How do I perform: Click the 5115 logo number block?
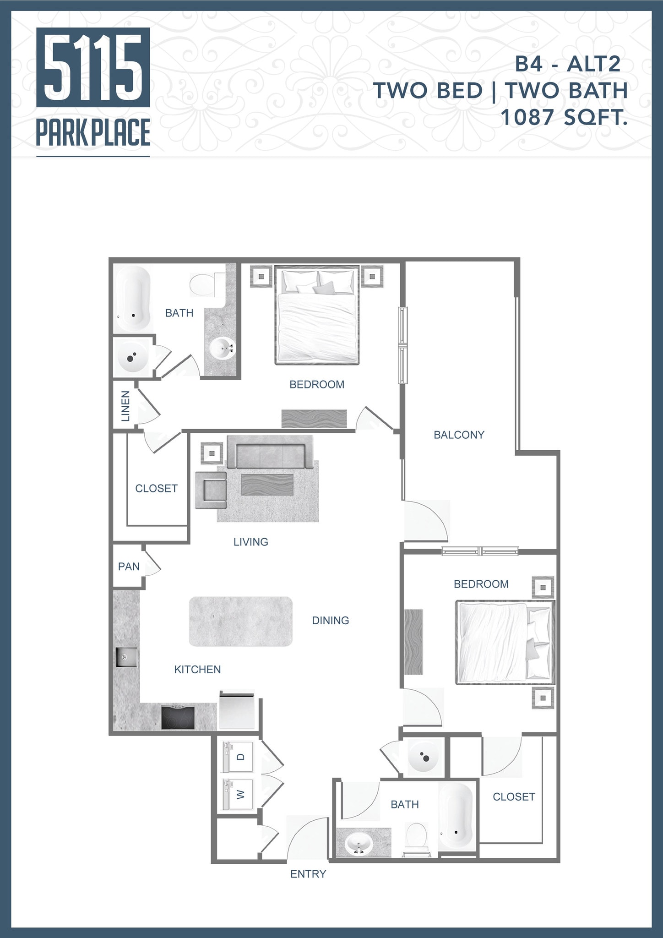[x=93, y=67]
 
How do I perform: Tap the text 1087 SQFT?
[x=564, y=118]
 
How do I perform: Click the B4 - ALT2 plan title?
[x=567, y=64]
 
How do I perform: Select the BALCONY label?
[x=459, y=435]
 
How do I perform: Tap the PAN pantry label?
[x=129, y=567]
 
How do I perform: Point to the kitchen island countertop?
[x=240, y=621]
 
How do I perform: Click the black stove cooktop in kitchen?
[x=178, y=718]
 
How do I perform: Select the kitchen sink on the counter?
[x=125, y=657]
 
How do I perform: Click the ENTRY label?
[x=308, y=874]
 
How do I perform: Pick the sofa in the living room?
[x=269, y=451]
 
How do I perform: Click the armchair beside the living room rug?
[x=211, y=490]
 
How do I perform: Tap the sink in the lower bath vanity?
[x=359, y=843]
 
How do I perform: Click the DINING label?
[x=330, y=620]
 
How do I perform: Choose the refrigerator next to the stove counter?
[x=237, y=710]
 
